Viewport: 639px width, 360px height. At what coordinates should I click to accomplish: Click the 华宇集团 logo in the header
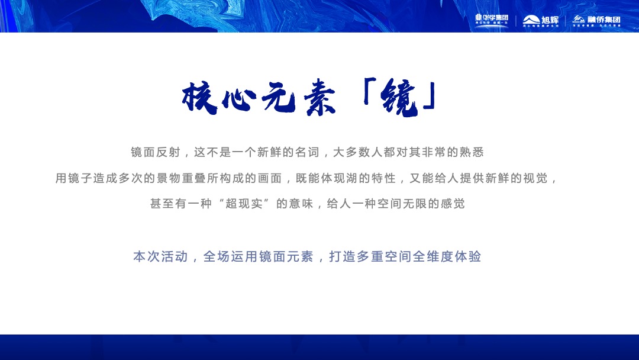click(x=492, y=20)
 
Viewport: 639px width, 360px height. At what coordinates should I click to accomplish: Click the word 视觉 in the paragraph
click(x=536, y=178)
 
